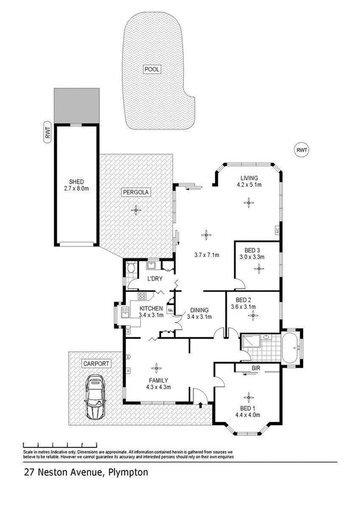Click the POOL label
click(152, 70)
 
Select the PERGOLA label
click(136, 192)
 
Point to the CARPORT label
click(96, 363)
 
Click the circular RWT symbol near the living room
click(302, 149)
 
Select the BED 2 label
click(243, 303)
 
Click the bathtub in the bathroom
click(292, 347)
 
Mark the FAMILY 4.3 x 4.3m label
click(158, 384)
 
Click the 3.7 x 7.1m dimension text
click(208, 255)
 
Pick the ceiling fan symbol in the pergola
click(137, 209)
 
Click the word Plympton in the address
click(128, 472)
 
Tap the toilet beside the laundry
click(131, 270)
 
